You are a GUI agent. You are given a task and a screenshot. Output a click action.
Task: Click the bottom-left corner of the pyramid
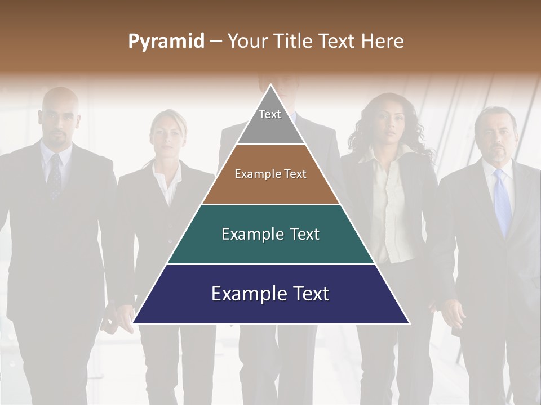tap(134, 323)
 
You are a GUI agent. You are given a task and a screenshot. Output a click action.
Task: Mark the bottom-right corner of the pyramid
tap(409, 323)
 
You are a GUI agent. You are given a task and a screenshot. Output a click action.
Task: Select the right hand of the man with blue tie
tap(454, 312)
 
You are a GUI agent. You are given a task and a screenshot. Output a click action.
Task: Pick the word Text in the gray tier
tap(269, 114)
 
